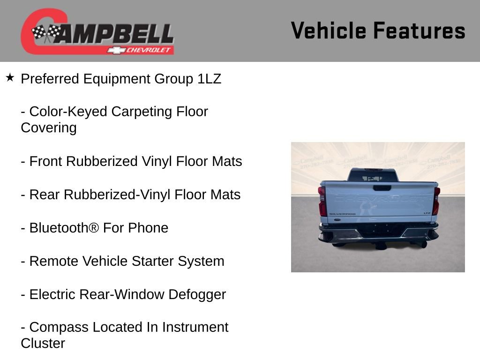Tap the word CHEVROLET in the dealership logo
click(x=149, y=50)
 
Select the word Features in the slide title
click(x=419, y=31)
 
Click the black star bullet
click(x=10, y=77)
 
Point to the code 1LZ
click(x=209, y=79)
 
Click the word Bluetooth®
click(x=64, y=228)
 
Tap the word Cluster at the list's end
click(x=43, y=343)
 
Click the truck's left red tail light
click(x=322, y=201)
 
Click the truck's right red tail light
click(x=436, y=201)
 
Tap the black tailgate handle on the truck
click(x=382, y=188)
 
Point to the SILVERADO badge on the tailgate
click(x=342, y=214)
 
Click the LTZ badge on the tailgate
click(x=427, y=213)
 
